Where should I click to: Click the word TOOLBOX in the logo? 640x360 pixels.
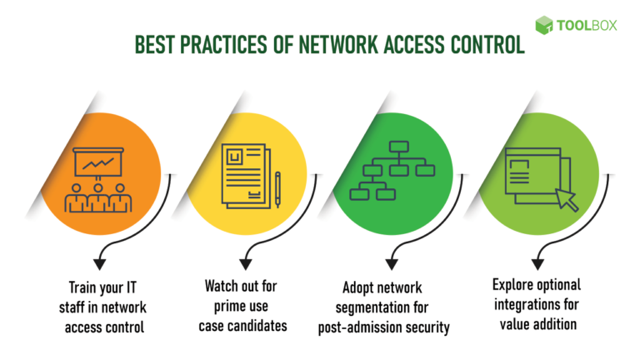pos(589,25)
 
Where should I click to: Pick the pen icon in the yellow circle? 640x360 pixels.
pos(277,188)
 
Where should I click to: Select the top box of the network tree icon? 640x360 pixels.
pos(392,148)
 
